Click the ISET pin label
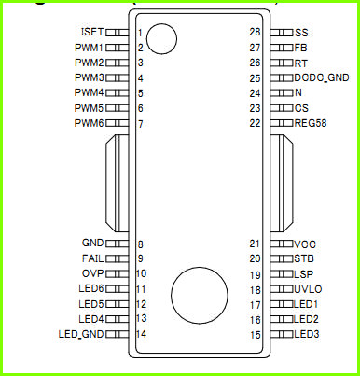click(x=92, y=32)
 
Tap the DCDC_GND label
click(x=322, y=77)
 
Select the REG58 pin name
click(x=311, y=123)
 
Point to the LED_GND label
click(x=81, y=334)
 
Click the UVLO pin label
click(x=308, y=289)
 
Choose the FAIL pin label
click(x=92, y=258)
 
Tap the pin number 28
click(x=255, y=32)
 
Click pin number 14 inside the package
click(x=141, y=334)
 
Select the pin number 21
click(x=255, y=244)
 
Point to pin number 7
click(x=141, y=124)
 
